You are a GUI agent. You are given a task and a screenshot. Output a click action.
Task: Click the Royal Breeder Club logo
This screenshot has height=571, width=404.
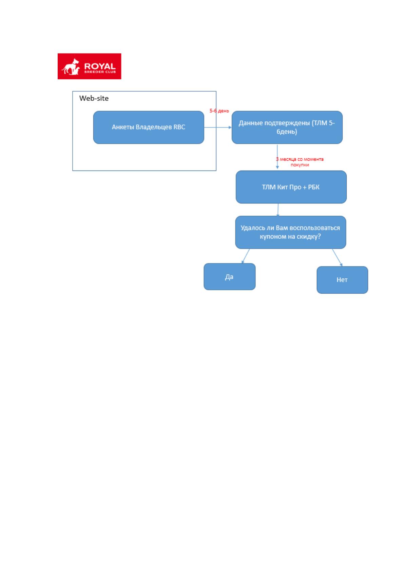[89, 66]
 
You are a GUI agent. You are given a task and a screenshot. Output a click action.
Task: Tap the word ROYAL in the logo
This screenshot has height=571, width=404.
[100, 66]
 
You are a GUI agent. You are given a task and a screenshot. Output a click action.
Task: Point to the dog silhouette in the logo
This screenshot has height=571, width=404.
[71, 67]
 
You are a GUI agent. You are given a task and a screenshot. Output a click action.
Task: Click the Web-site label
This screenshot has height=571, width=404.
[94, 98]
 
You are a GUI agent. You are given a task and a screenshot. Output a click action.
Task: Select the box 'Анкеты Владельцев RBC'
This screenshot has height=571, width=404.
[149, 127]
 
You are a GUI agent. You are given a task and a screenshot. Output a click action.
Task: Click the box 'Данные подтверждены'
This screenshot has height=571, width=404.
[287, 127]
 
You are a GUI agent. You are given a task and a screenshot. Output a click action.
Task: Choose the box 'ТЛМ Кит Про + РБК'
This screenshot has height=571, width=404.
[291, 187]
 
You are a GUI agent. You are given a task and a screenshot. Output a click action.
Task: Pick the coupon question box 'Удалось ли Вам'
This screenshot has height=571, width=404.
[290, 232]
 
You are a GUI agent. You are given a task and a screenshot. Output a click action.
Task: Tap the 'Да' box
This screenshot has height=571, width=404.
[230, 277]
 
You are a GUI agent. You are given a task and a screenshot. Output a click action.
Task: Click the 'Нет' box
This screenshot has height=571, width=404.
[342, 280]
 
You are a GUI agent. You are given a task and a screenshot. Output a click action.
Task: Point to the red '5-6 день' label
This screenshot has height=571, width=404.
[219, 111]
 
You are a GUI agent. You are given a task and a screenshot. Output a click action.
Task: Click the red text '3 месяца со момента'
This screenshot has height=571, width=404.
[300, 159]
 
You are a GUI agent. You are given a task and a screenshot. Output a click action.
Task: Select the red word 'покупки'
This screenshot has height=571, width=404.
[300, 165]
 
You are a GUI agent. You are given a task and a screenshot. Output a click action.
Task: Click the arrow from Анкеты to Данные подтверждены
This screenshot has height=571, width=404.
[218, 127]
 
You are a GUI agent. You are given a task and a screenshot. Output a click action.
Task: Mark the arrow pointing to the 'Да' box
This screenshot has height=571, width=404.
[246, 256]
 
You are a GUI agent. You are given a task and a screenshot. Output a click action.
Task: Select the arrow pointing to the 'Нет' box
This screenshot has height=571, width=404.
[337, 257]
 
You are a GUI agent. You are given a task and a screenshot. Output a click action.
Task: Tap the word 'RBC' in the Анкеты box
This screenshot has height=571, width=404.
[179, 127]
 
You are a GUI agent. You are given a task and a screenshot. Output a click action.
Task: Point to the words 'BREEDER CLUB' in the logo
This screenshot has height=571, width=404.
[100, 72]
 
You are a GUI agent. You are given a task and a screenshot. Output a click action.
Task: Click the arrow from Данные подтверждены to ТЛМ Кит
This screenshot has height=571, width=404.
[277, 157]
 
